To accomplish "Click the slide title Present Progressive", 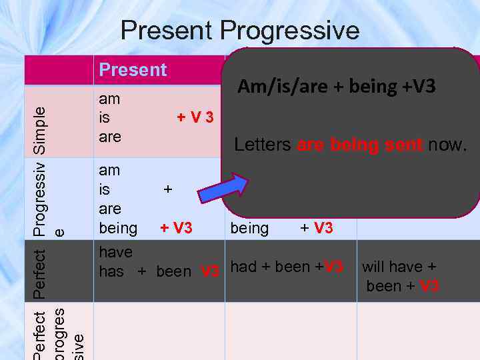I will pyautogui.click(x=240, y=30).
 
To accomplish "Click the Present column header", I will pyautogui.click(x=133, y=69).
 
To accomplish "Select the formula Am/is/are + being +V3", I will pyautogui.click(x=337, y=86).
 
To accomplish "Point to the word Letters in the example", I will pyautogui.click(x=262, y=145).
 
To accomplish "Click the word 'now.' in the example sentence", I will pyautogui.click(x=447, y=145).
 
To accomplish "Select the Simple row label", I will pyautogui.click(x=41, y=131).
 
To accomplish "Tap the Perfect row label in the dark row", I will pyautogui.click(x=41, y=273).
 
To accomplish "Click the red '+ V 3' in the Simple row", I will pyautogui.click(x=195, y=118).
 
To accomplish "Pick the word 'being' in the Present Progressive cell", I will pyautogui.click(x=118, y=228).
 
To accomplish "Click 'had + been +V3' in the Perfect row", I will pyautogui.click(x=287, y=267).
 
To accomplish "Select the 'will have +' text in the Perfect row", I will pyautogui.click(x=399, y=267).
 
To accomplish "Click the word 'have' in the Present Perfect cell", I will pyautogui.click(x=116, y=252).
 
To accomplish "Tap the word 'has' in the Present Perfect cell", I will pyautogui.click(x=111, y=271).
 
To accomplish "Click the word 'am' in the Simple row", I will pyautogui.click(x=109, y=99).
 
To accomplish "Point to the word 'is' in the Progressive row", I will pyautogui.click(x=105, y=190).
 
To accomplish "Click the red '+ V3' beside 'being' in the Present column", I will pyautogui.click(x=176, y=228).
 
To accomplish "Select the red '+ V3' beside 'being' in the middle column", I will pyautogui.click(x=316, y=228).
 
